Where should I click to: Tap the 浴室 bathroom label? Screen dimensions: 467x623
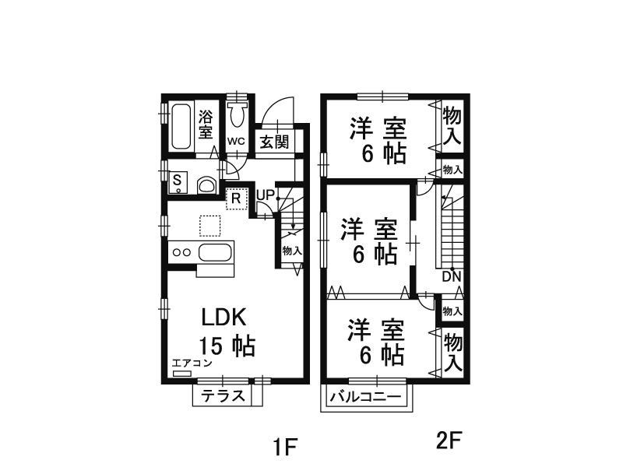click(x=206, y=125)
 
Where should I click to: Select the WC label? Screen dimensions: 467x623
click(x=237, y=141)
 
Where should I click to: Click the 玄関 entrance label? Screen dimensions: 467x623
click(x=274, y=141)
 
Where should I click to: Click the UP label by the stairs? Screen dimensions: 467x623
click(x=264, y=193)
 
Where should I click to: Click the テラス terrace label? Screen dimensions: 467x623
click(x=224, y=395)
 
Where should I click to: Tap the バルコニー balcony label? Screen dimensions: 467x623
click(x=366, y=396)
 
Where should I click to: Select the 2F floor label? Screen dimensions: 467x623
click(x=449, y=441)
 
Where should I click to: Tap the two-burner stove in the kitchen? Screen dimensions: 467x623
click(x=181, y=251)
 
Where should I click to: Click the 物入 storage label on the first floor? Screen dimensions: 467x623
click(x=292, y=251)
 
